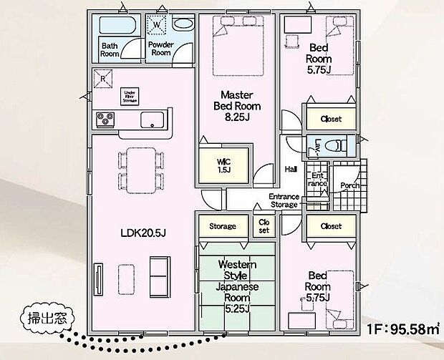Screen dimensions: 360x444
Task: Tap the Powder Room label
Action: pos(160,48)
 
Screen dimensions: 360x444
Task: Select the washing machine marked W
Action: pos(156,25)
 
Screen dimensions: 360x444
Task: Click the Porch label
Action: pos(350,185)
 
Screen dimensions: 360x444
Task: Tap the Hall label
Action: pos(291,170)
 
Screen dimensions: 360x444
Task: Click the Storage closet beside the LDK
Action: pos(223,226)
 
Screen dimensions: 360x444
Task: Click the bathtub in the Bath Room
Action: pos(114,26)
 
